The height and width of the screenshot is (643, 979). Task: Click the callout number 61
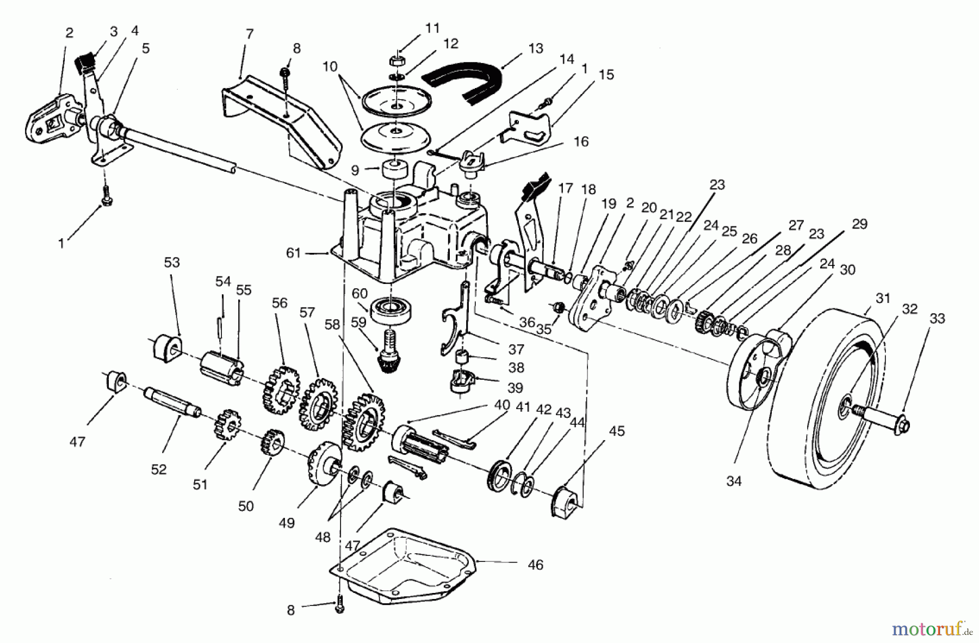294,254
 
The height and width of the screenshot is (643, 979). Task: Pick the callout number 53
172,263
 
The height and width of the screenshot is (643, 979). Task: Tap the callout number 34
734,481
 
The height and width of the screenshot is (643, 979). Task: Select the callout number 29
859,224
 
